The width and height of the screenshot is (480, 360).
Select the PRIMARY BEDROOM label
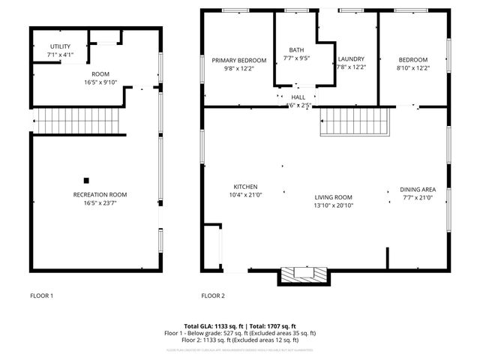238,60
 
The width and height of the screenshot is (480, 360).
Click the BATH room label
297,49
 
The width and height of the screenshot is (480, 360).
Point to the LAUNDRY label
351,59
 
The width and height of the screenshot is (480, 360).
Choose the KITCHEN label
245,187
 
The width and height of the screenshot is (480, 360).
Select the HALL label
298,97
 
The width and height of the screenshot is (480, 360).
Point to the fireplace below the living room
304,274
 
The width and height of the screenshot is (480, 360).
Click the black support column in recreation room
86,180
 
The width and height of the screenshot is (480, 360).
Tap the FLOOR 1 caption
41,295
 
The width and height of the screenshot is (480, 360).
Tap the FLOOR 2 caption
213,295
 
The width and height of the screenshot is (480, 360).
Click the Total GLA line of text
240,326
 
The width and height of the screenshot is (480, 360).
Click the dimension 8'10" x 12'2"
412,67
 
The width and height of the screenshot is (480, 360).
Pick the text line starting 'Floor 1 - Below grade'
240,333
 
